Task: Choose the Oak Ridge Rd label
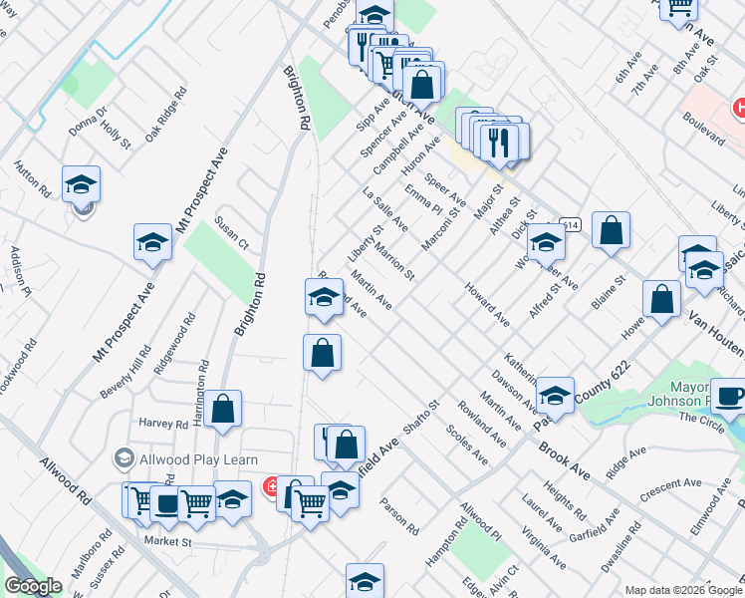(165, 117)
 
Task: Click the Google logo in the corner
(33, 586)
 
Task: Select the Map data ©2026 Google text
(683, 590)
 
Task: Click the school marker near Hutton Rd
(81, 184)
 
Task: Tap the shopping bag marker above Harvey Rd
(224, 409)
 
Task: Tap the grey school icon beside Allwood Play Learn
(124, 458)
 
